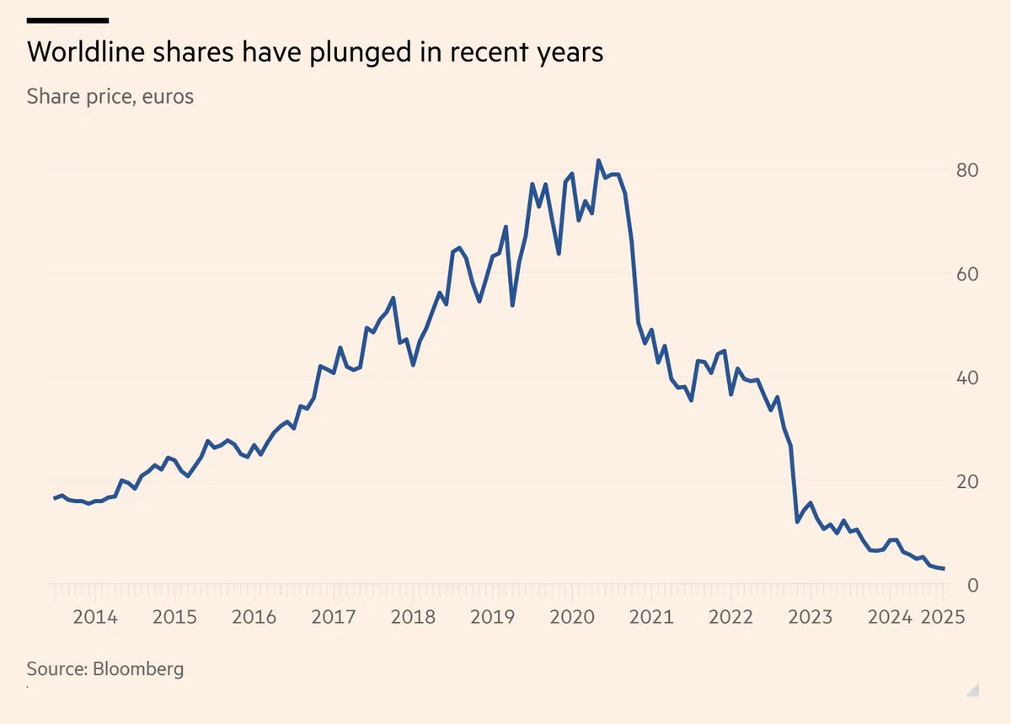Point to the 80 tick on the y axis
tap(966, 170)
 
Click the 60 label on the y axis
tap(966, 274)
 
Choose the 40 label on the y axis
tap(966, 378)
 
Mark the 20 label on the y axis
tap(966, 481)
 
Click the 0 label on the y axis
tap(971, 585)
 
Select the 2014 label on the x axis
tap(94, 617)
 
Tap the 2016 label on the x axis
tap(254, 617)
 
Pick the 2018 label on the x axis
tap(413, 617)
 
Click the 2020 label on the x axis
tap(572, 617)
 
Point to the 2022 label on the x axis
tap(731, 617)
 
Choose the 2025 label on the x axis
tap(943, 617)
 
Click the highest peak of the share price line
tap(598, 161)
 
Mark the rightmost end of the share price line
tap(944, 569)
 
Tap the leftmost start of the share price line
tap(55, 498)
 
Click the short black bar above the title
tap(67, 19)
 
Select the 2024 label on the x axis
tap(890, 617)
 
